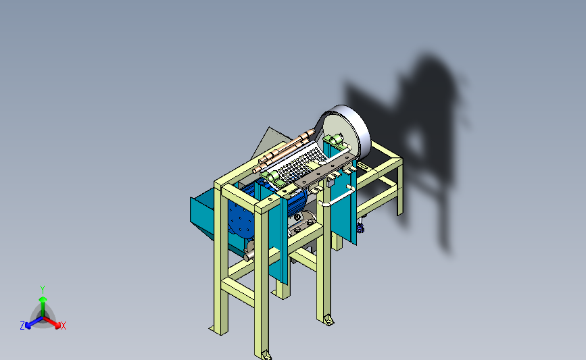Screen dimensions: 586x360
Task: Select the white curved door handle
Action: [x=337, y=197]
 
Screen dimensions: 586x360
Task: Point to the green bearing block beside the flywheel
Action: [x=334, y=140]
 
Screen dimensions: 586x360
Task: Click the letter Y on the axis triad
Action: [x=43, y=290]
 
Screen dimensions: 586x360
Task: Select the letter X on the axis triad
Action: [x=64, y=326]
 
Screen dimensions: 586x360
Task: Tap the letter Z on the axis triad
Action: [x=22, y=326]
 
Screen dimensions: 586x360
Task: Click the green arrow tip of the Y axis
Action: [x=43, y=299]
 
